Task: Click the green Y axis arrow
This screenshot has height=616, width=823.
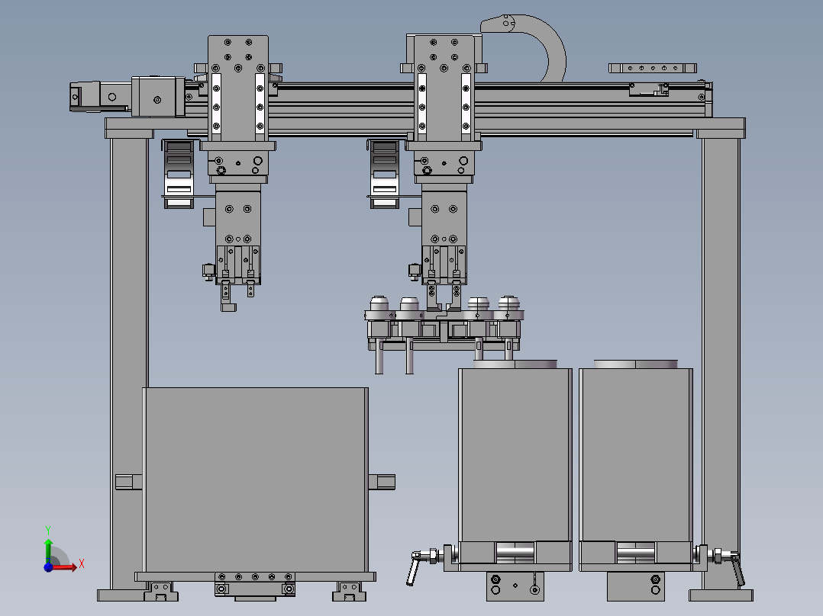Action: (48, 550)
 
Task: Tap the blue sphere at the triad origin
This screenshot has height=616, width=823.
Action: (48, 566)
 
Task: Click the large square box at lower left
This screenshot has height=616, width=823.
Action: (256, 480)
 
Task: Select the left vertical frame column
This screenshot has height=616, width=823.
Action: (129, 361)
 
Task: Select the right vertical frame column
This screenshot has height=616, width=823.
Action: (721, 361)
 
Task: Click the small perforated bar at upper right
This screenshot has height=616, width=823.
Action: (653, 68)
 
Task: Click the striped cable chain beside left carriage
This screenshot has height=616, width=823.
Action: (179, 174)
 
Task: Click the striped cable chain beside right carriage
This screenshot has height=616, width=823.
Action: (384, 174)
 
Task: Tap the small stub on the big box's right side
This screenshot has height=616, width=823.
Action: (382, 482)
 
